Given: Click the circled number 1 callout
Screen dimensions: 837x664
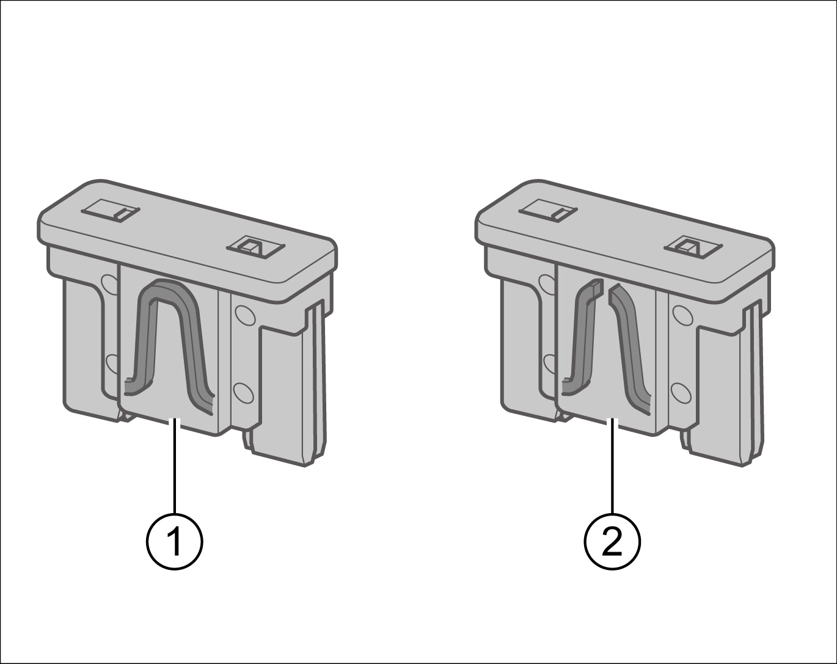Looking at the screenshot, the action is coord(175,541).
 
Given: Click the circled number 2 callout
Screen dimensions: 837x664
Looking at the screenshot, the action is coord(612,541).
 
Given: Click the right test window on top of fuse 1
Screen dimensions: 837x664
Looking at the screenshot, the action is coord(255,247).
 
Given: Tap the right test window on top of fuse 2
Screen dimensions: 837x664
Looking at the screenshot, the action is coord(693,247).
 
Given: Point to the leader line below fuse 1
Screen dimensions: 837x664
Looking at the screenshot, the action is coord(175,466).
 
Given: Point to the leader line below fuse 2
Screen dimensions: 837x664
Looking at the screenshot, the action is coord(613,466).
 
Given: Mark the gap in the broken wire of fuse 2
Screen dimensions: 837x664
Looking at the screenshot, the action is coord(606,290).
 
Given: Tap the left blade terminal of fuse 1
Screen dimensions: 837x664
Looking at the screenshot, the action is coord(92,350).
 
